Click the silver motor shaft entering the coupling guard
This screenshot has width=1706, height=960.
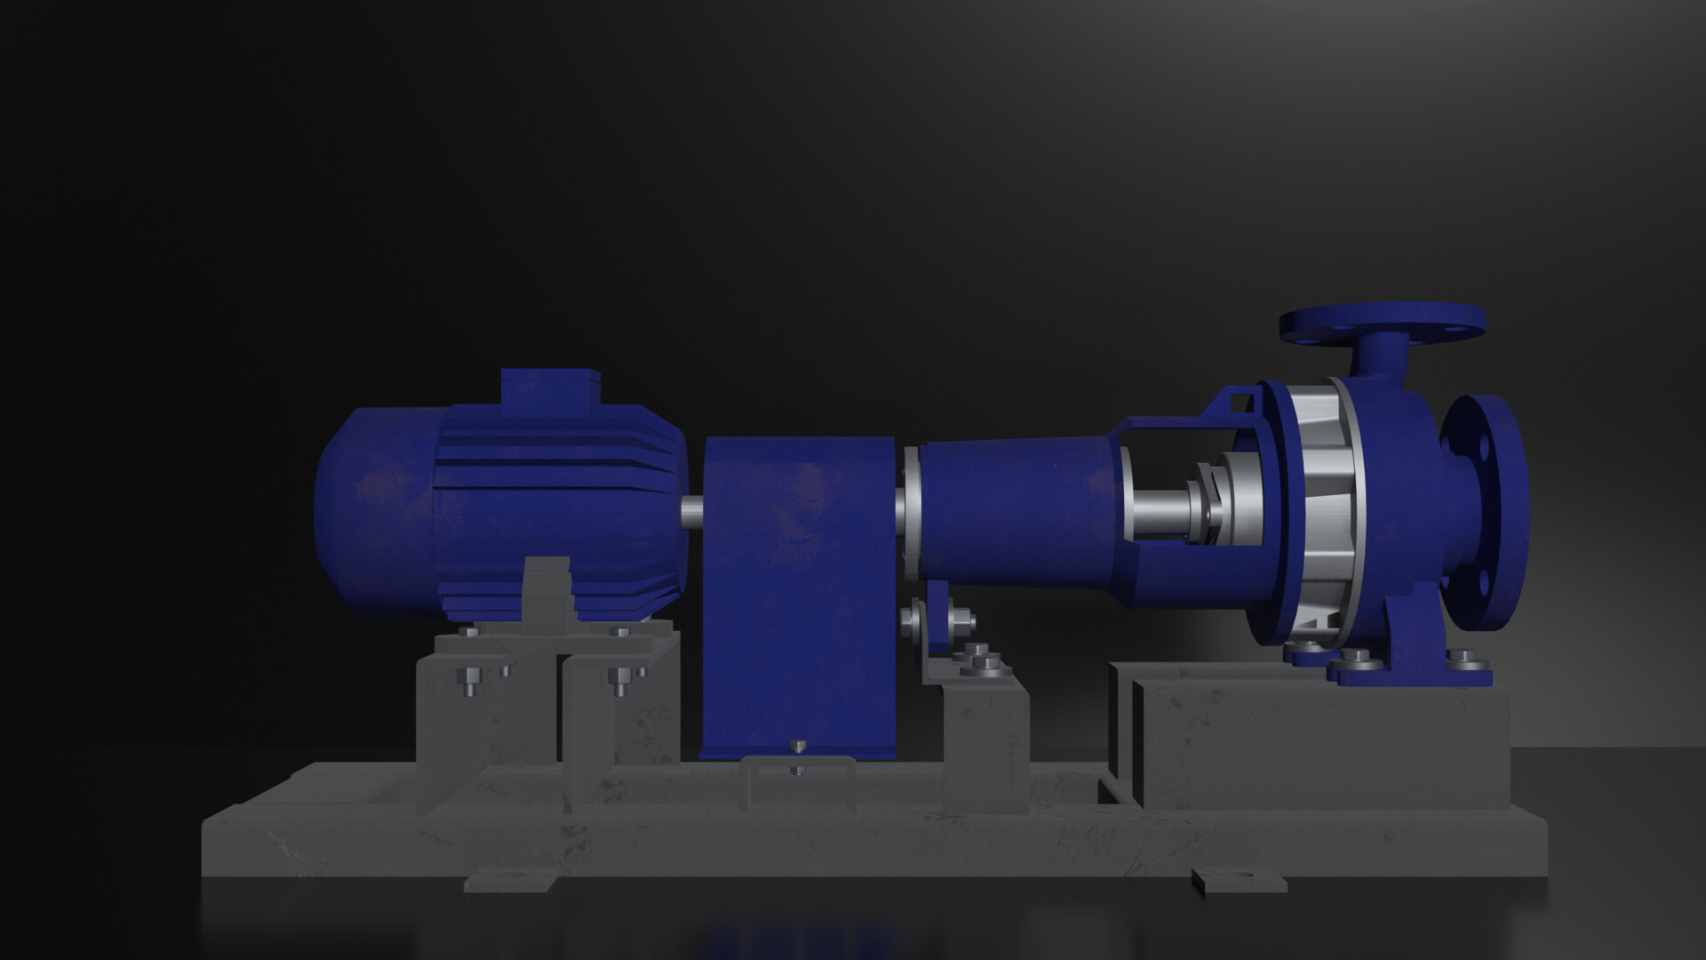pyautogui.click(x=692, y=513)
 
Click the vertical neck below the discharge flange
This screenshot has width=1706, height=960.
pyautogui.click(x=1383, y=356)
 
